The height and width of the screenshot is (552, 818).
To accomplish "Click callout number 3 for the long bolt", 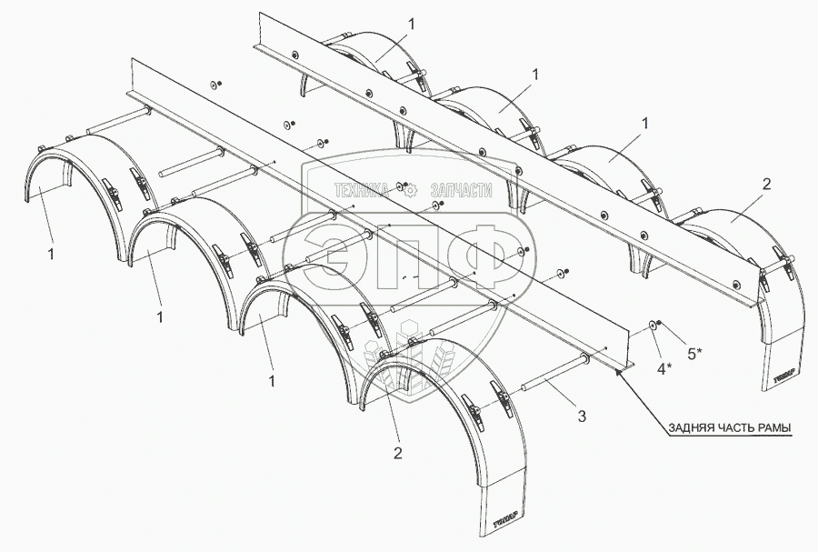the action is click(x=582, y=417).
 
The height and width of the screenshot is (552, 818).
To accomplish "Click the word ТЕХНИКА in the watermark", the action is click(x=363, y=190).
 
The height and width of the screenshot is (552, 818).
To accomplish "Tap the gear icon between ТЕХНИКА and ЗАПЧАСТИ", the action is click(x=409, y=190).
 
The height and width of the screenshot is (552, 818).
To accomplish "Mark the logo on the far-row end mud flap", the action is click(x=783, y=371).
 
